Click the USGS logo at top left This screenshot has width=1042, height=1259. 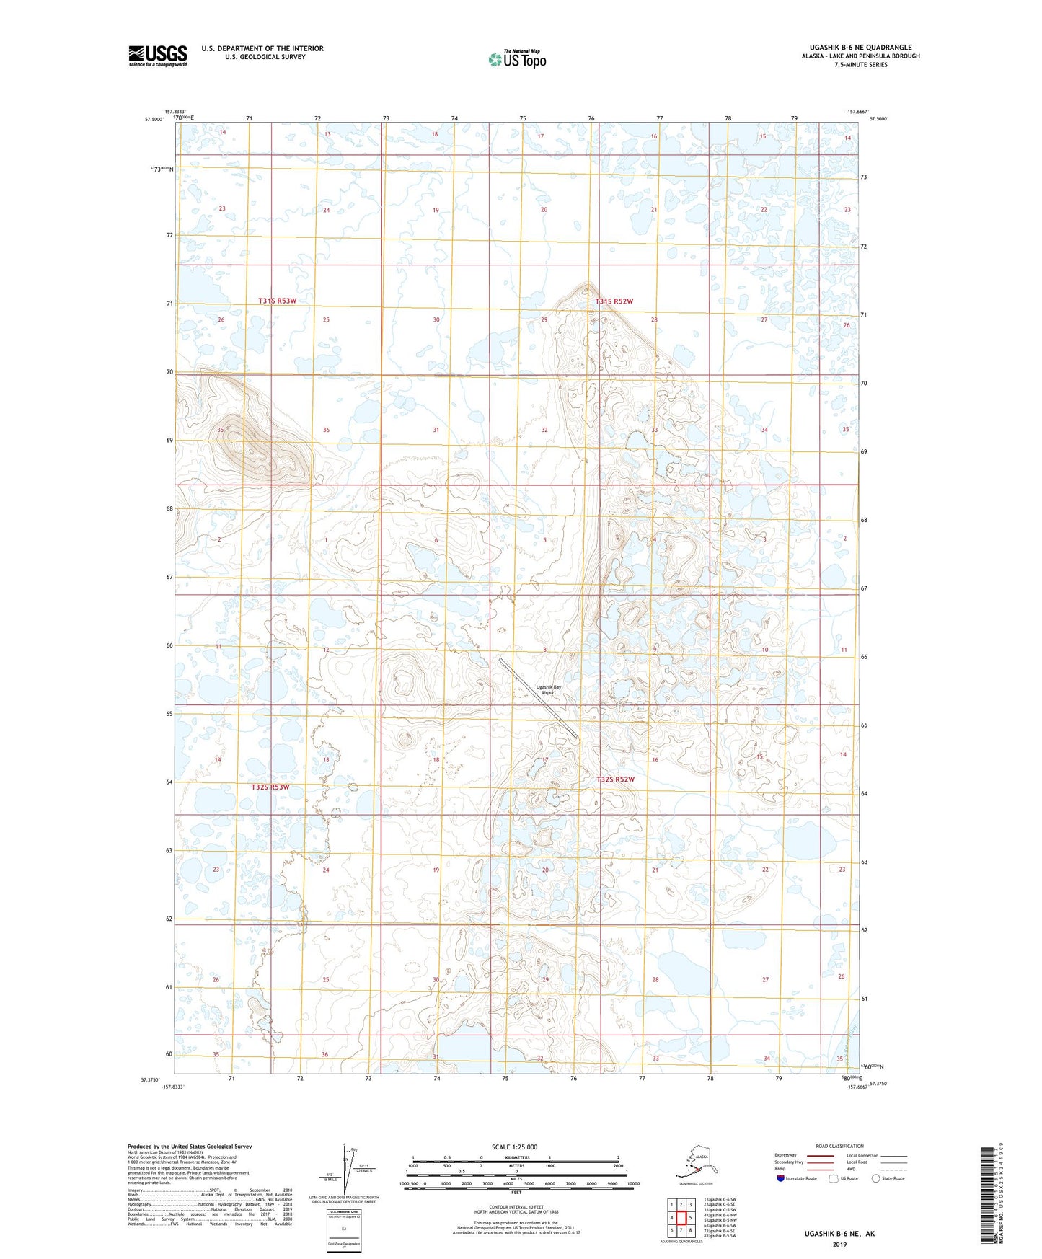pyautogui.click(x=158, y=56)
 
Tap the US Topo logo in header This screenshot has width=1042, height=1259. pyautogui.click(x=517, y=58)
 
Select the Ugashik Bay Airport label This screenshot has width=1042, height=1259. pyautogui.click(x=548, y=690)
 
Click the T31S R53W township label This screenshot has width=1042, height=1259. pyautogui.click(x=278, y=301)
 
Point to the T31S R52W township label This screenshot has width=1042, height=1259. pyautogui.click(x=614, y=301)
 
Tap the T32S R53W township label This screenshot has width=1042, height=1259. pyautogui.click(x=270, y=787)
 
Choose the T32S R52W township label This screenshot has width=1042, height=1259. pyautogui.click(x=616, y=779)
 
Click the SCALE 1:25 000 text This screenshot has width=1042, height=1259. pyautogui.click(x=514, y=1147)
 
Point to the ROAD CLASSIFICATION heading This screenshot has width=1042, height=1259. pyautogui.click(x=839, y=1146)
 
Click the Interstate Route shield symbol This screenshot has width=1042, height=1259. pyautogui.click(x=780, y=1178)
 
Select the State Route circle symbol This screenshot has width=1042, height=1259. pyautogui.click(x=875, y=1178)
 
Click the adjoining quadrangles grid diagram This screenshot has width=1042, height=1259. pyautogui.click(x=681, y=1218)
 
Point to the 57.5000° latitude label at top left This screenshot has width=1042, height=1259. pyautogui.click(x=153, y=120)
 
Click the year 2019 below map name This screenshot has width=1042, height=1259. pyautogui.click(x=839, y=1244)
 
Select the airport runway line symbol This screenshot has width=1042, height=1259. pyautogui.click(x=539, y=697)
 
